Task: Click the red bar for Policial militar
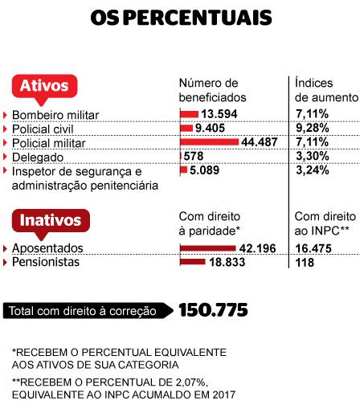[209, 141]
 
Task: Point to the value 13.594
[219, 113]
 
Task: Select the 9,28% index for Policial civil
[312, 127]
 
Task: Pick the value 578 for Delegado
[194, 156]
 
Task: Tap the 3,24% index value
[312, 170]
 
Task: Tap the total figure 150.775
[212, 309]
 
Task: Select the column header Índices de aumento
[326, 89]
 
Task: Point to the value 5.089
[207, 170]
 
